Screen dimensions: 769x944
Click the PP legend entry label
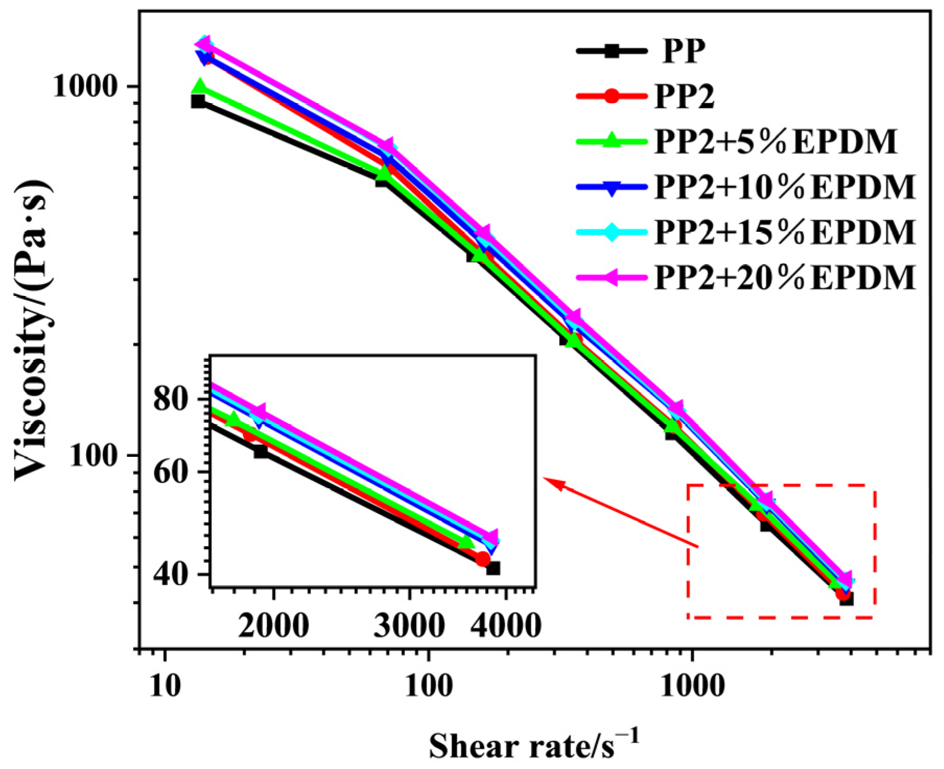pos(683,51)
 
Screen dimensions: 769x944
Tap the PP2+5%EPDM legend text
pos(775,141)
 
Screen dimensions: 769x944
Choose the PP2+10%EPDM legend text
pos(785,187)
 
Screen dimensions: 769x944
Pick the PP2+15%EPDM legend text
pos(785,232)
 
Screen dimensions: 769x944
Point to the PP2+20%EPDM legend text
pos(785,277)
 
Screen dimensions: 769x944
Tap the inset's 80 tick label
pos(171,399)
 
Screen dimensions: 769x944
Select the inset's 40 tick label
pos(171,574)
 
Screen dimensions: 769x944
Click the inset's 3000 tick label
pos(409,625)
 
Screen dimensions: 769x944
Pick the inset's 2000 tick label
pos(273,625)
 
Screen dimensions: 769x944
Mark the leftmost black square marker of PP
pos(198,101)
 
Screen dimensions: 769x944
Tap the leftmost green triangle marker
pos(199,87)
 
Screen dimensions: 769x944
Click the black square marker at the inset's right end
pos(493,568)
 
